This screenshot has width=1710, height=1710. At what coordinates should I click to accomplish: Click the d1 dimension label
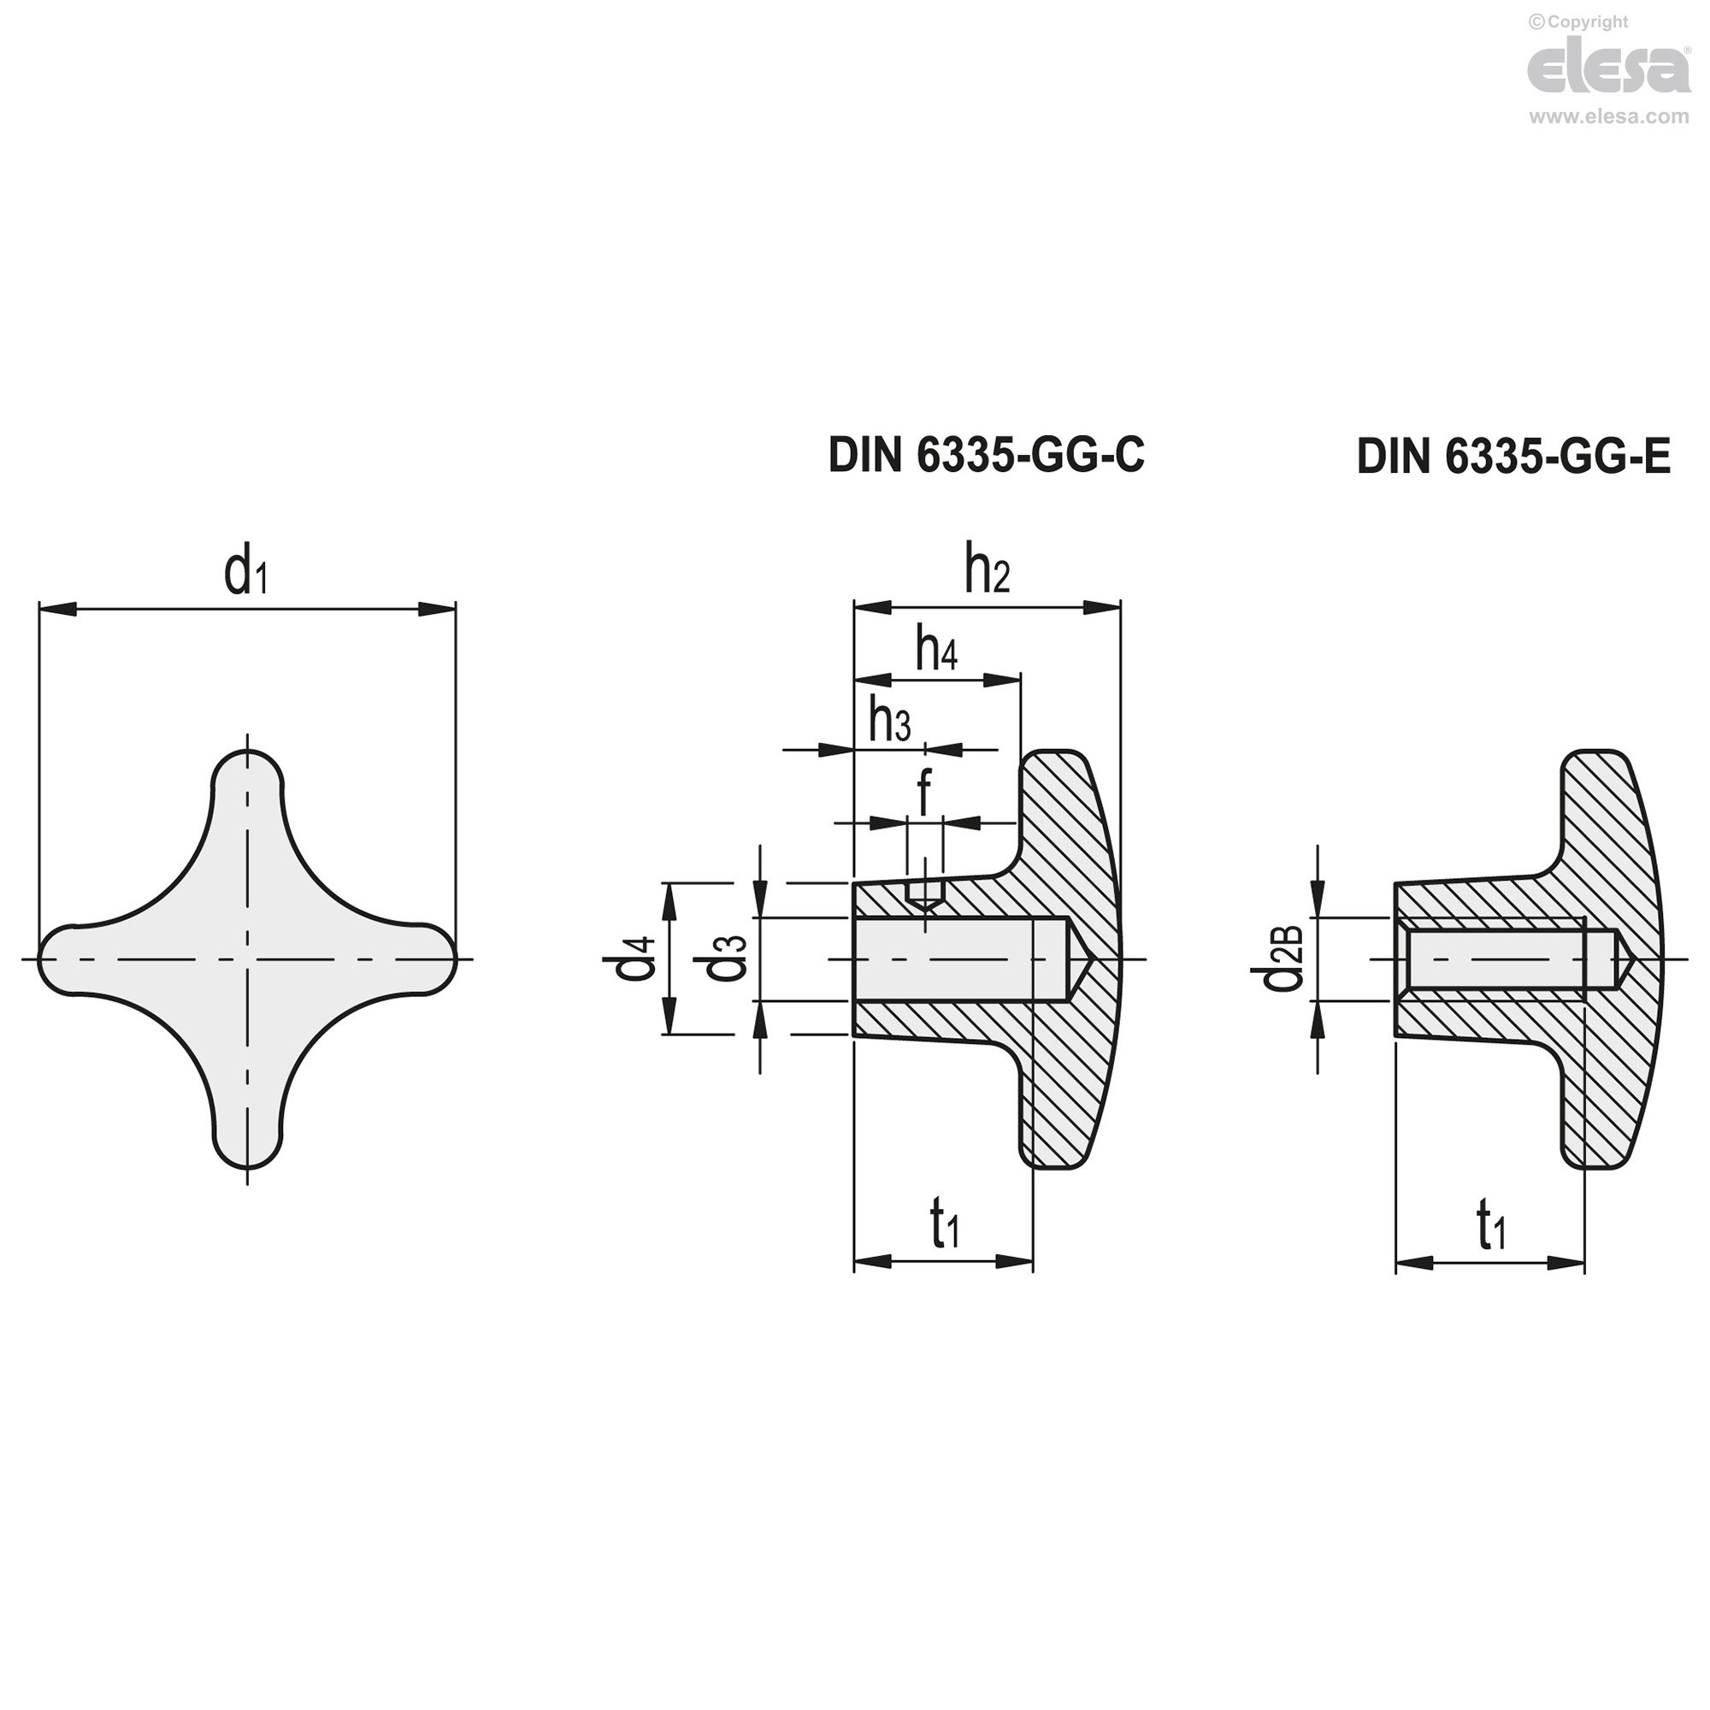pyautogui.click(x=245, y=574)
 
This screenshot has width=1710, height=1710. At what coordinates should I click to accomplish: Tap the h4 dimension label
pyautogui.click(x=936, y=651)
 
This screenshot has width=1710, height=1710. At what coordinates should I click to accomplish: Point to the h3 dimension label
pyautogui.click(x=889, y=722)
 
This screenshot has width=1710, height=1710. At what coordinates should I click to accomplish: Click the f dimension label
pyautogui.click(x=925, y=793)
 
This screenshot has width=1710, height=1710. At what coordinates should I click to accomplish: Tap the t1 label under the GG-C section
pyautogui.click(x=945, y=1227)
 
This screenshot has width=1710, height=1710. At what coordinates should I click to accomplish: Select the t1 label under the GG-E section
pyautogui.click(x=1490, y=1227)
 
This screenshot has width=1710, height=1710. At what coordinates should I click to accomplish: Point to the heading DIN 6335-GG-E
pyautogui.click(x=1513, y=457)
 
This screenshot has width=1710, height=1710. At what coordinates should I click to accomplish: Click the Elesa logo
pyautogui.click(x=1609, y=70)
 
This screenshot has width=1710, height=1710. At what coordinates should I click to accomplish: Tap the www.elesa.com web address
pyautogui.click(x=1609, y=117)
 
